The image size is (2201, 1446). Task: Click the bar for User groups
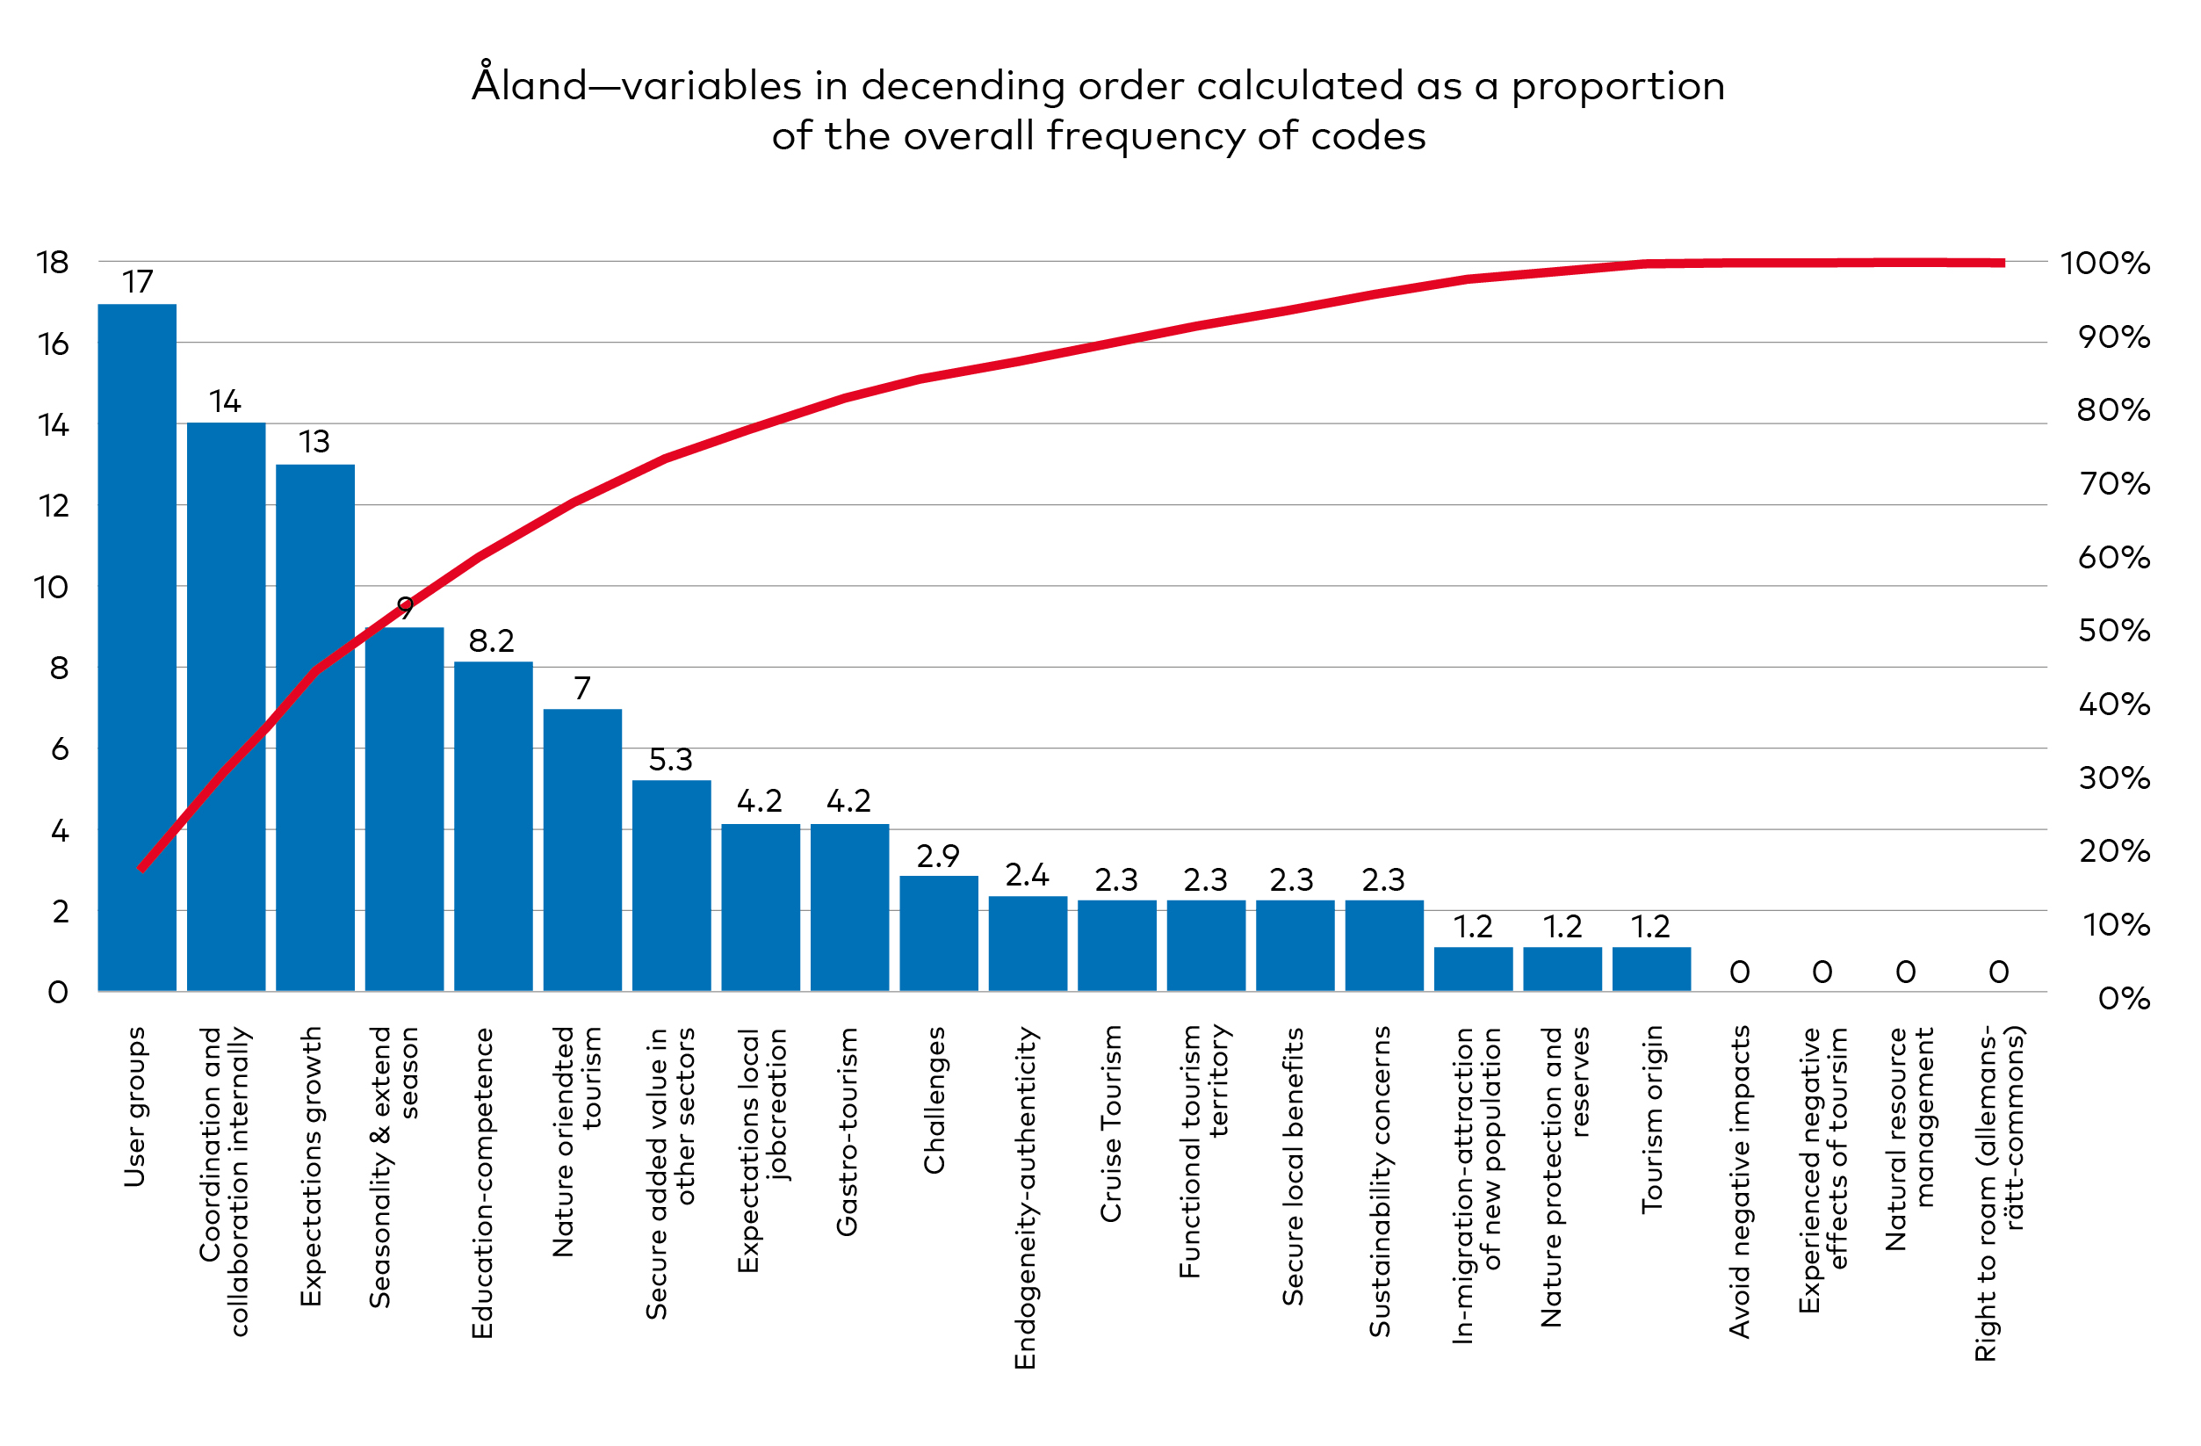137,647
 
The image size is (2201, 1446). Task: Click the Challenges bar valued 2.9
939,934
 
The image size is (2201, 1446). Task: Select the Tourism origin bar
1652,969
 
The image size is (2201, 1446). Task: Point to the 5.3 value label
670,760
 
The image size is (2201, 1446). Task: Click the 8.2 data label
491,640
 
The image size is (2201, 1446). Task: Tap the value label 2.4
1027,875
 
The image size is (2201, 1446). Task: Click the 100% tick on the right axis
2104,264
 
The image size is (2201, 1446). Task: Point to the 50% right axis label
2114,631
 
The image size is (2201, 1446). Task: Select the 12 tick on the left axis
54,506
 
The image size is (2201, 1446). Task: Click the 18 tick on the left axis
53,263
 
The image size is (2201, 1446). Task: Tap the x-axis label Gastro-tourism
847,1131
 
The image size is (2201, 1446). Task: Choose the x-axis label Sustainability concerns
1380,1181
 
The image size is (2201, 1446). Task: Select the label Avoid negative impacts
1740,1182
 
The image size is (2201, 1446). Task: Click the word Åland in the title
529,85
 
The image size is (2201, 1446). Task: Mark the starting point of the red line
141,870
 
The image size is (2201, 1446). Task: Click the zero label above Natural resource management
1906,972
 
